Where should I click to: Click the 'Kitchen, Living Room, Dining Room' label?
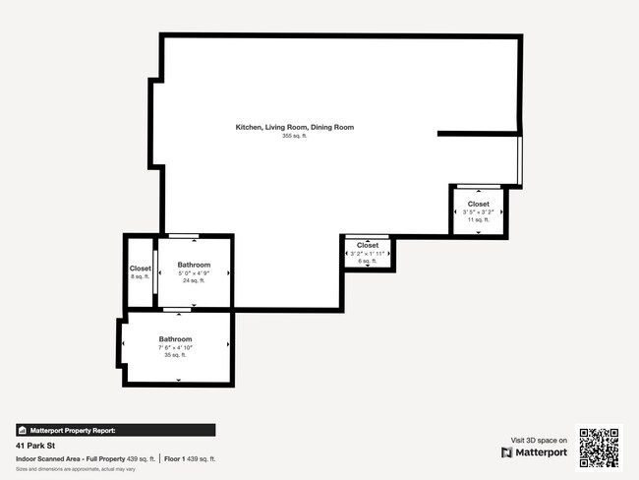click(x=294, y=127)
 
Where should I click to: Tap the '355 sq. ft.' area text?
click(x=294, y=137)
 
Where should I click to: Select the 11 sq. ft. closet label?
click(x=478, y=204)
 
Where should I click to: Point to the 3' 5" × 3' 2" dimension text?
click(x=478, y=212)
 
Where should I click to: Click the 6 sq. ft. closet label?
click(x=368, y=245)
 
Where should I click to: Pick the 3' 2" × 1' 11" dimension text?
click(x=368, y=254)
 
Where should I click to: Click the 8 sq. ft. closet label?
click(x=141, y=269)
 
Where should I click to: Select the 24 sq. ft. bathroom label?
click(x=194, y=265)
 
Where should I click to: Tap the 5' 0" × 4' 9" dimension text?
click(x=194, y=273)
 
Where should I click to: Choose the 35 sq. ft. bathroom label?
click(x=175, y=339)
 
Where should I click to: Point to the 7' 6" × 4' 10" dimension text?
click(x=175, y=347)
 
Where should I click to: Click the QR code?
click(x=599, y=448)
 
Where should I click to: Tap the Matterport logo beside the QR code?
click(x=535, y=452)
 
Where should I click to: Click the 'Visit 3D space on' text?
click(x=539, y=440)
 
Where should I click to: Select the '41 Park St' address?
click(x=32, y=446)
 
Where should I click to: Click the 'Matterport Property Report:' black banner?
click(x=115, y=430)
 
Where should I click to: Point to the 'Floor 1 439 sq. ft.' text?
click(x=190, y=458)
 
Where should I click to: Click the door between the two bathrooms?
click(x=177, y=311)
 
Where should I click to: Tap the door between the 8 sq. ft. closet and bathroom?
click(x=156, y=272)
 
